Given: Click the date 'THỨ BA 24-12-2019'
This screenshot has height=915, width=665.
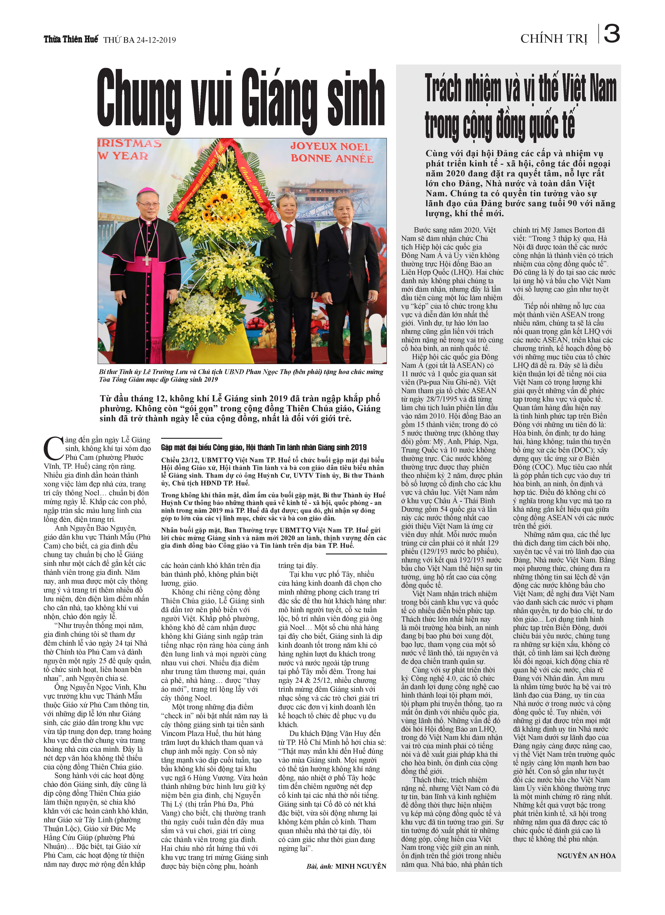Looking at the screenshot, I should pos(140,40).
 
